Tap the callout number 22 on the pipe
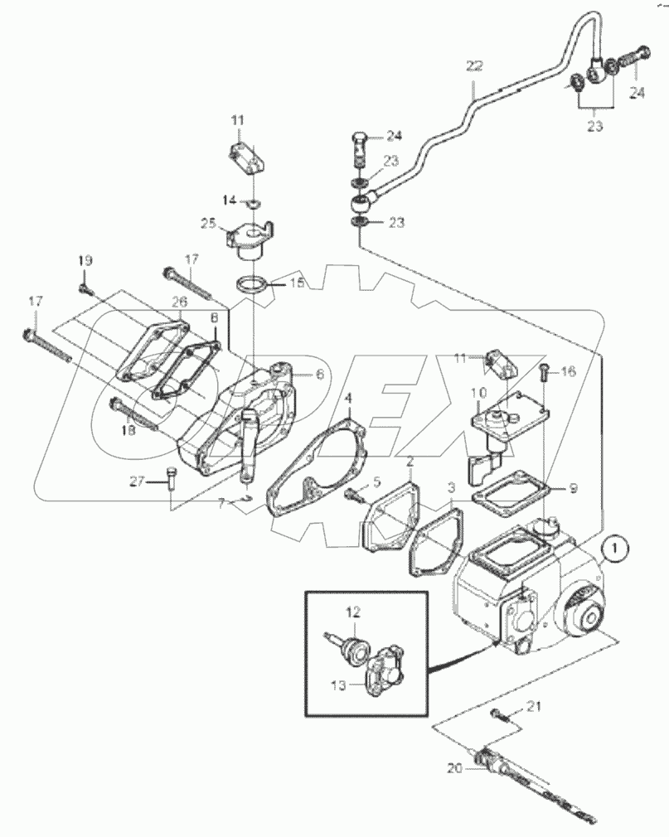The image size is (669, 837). click(x=473, y=65)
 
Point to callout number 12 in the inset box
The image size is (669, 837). click(x=353, y=612)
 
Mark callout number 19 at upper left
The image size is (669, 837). click(x=83, y=261)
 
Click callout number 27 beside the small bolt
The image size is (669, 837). click(x=137, y=481)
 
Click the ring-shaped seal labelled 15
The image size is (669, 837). click(x=254, y=285)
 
